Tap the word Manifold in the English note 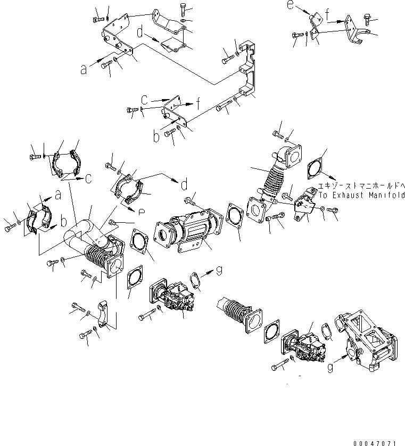(386, 195)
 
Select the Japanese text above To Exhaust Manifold (361, 186)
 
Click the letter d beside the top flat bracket (140, 33)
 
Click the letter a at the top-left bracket (84, 69)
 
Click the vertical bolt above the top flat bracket (184, 9)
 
